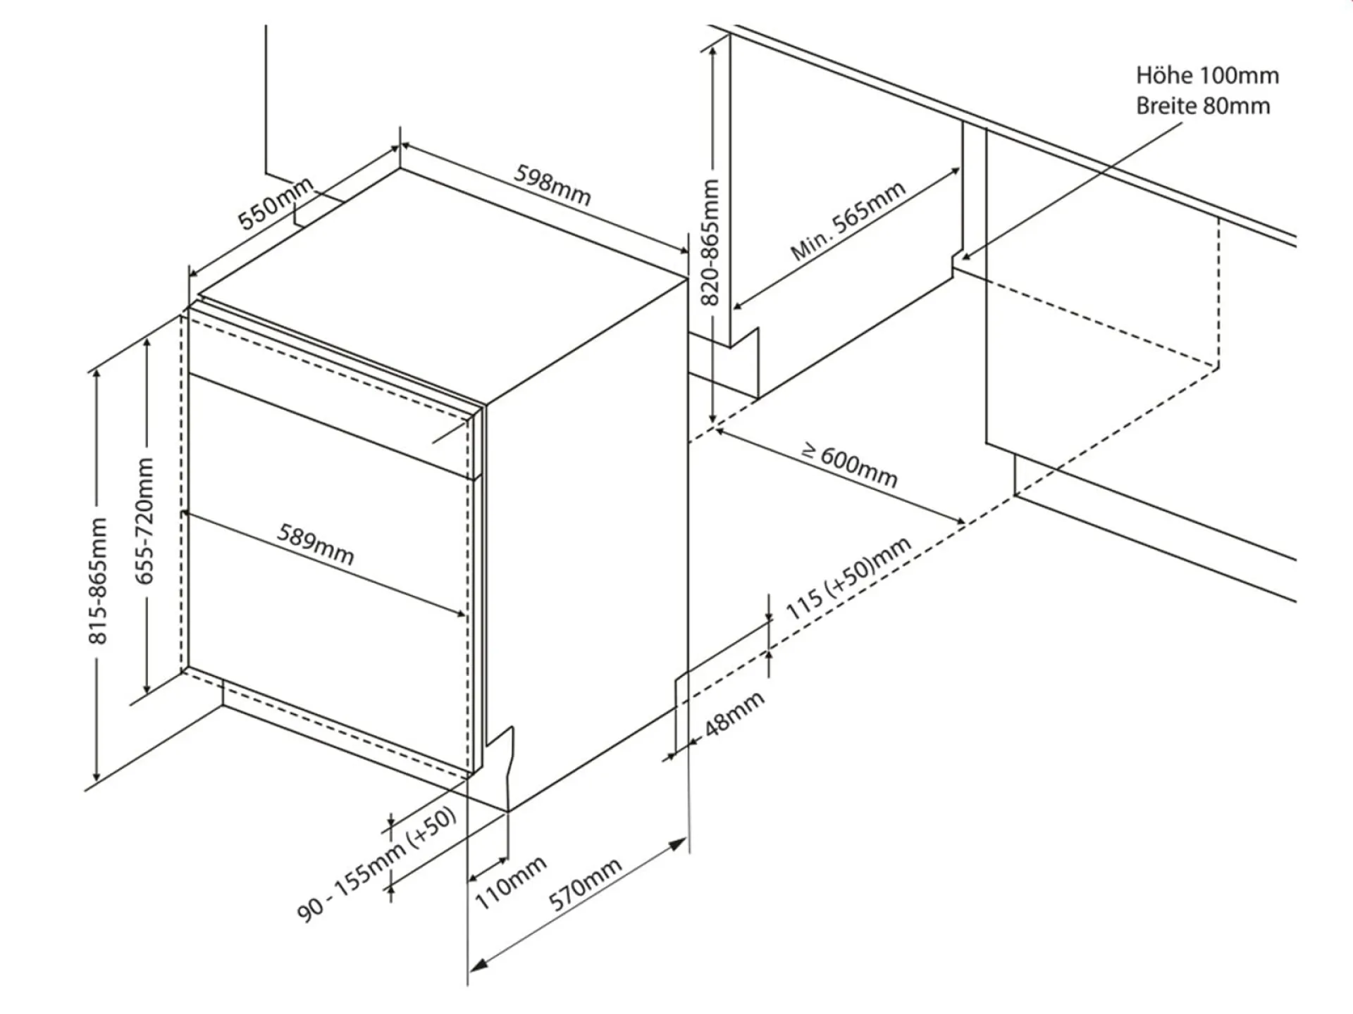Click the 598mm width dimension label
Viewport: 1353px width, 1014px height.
pyautogui.click(x=552, y=185)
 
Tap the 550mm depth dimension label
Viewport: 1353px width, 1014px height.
pyautogui.click(x=275, y=204)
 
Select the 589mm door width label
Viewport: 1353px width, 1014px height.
pyautogui.click(x=315, y=544)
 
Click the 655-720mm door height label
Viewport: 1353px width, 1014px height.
pyautogui.click(x=144, y=521)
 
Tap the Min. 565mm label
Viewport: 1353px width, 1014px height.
pyautogui.click(x=848, y=220)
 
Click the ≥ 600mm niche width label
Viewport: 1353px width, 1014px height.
pyautogui.click(x=851, y=466)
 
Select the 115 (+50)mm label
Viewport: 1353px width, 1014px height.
pyautogui.click(x=848, y=579)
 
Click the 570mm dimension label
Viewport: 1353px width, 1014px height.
pyautogui.click(x=585, y=884)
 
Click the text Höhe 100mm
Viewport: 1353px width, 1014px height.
pyautogui.click(x=1207, y=75)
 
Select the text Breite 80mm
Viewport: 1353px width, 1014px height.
pyautogui.click(x=1203, y=106)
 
